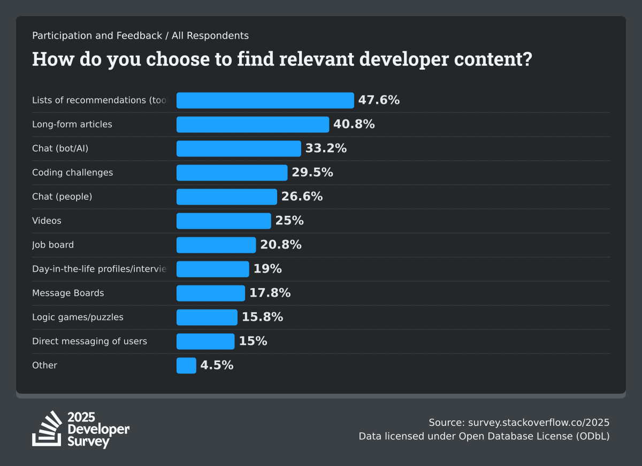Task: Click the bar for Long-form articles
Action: pyautogui.click(x=253, y=124)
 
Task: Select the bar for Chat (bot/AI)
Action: pyautogui.click(x=239, y=148)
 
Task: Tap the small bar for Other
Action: pyautogui.click(x=186, y=365)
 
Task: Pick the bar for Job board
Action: pyautogui.click(x=216, y=245)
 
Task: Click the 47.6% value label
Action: pyautogui.click(x=379, y=100)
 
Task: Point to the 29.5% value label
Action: pyautogui.click(x=312, y=172)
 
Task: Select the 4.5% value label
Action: pyautogui.click(x=217, y=365)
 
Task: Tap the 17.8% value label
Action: pyautogui.click(x=270, y=293)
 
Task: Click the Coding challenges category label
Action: pyautogui.click(x=72, y=172)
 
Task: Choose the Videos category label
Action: pyautogui.click(x=47, y=221)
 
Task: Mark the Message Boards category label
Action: pyautogui.click(x=68, y=293)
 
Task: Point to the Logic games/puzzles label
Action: pyautogui.click(x=78, y=317)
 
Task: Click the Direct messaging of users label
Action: pyautogui.click(x=89, y=341)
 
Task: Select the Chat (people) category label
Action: pyautogui.click(x=62, y=197)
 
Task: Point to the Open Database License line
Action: pyautogui.click(x=484, y=436)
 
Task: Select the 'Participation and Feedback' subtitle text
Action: pyautogui.click(x=97, y=36)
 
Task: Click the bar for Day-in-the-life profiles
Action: pyautogui.click(x=213, y=269)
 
